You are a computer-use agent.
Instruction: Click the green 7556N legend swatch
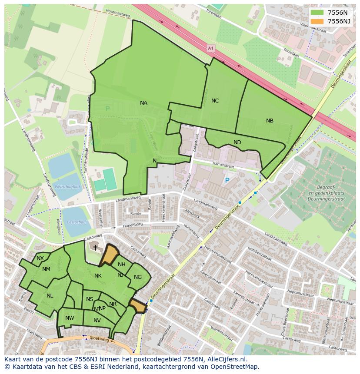click(317, 12)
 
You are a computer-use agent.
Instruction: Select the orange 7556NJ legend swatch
click(317, 21)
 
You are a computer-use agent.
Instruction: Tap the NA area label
click(143, 103)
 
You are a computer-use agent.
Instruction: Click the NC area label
click(215, 101)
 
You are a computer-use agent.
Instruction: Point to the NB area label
click(270, 121)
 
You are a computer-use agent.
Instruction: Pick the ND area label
click(237, 142)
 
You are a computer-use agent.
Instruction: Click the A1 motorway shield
click(211, 49)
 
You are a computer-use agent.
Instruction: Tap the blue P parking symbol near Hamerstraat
click(227, 180)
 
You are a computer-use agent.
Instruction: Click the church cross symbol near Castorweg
click(96, 247)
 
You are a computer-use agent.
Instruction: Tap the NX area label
click(40, 258)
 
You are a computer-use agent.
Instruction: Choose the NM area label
click(46, 269)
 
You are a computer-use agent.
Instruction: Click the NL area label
click(50, 296)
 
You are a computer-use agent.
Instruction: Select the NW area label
click(70, 318)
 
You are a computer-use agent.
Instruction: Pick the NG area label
click(138, 277)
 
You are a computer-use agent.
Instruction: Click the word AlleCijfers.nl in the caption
click(226, 359)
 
